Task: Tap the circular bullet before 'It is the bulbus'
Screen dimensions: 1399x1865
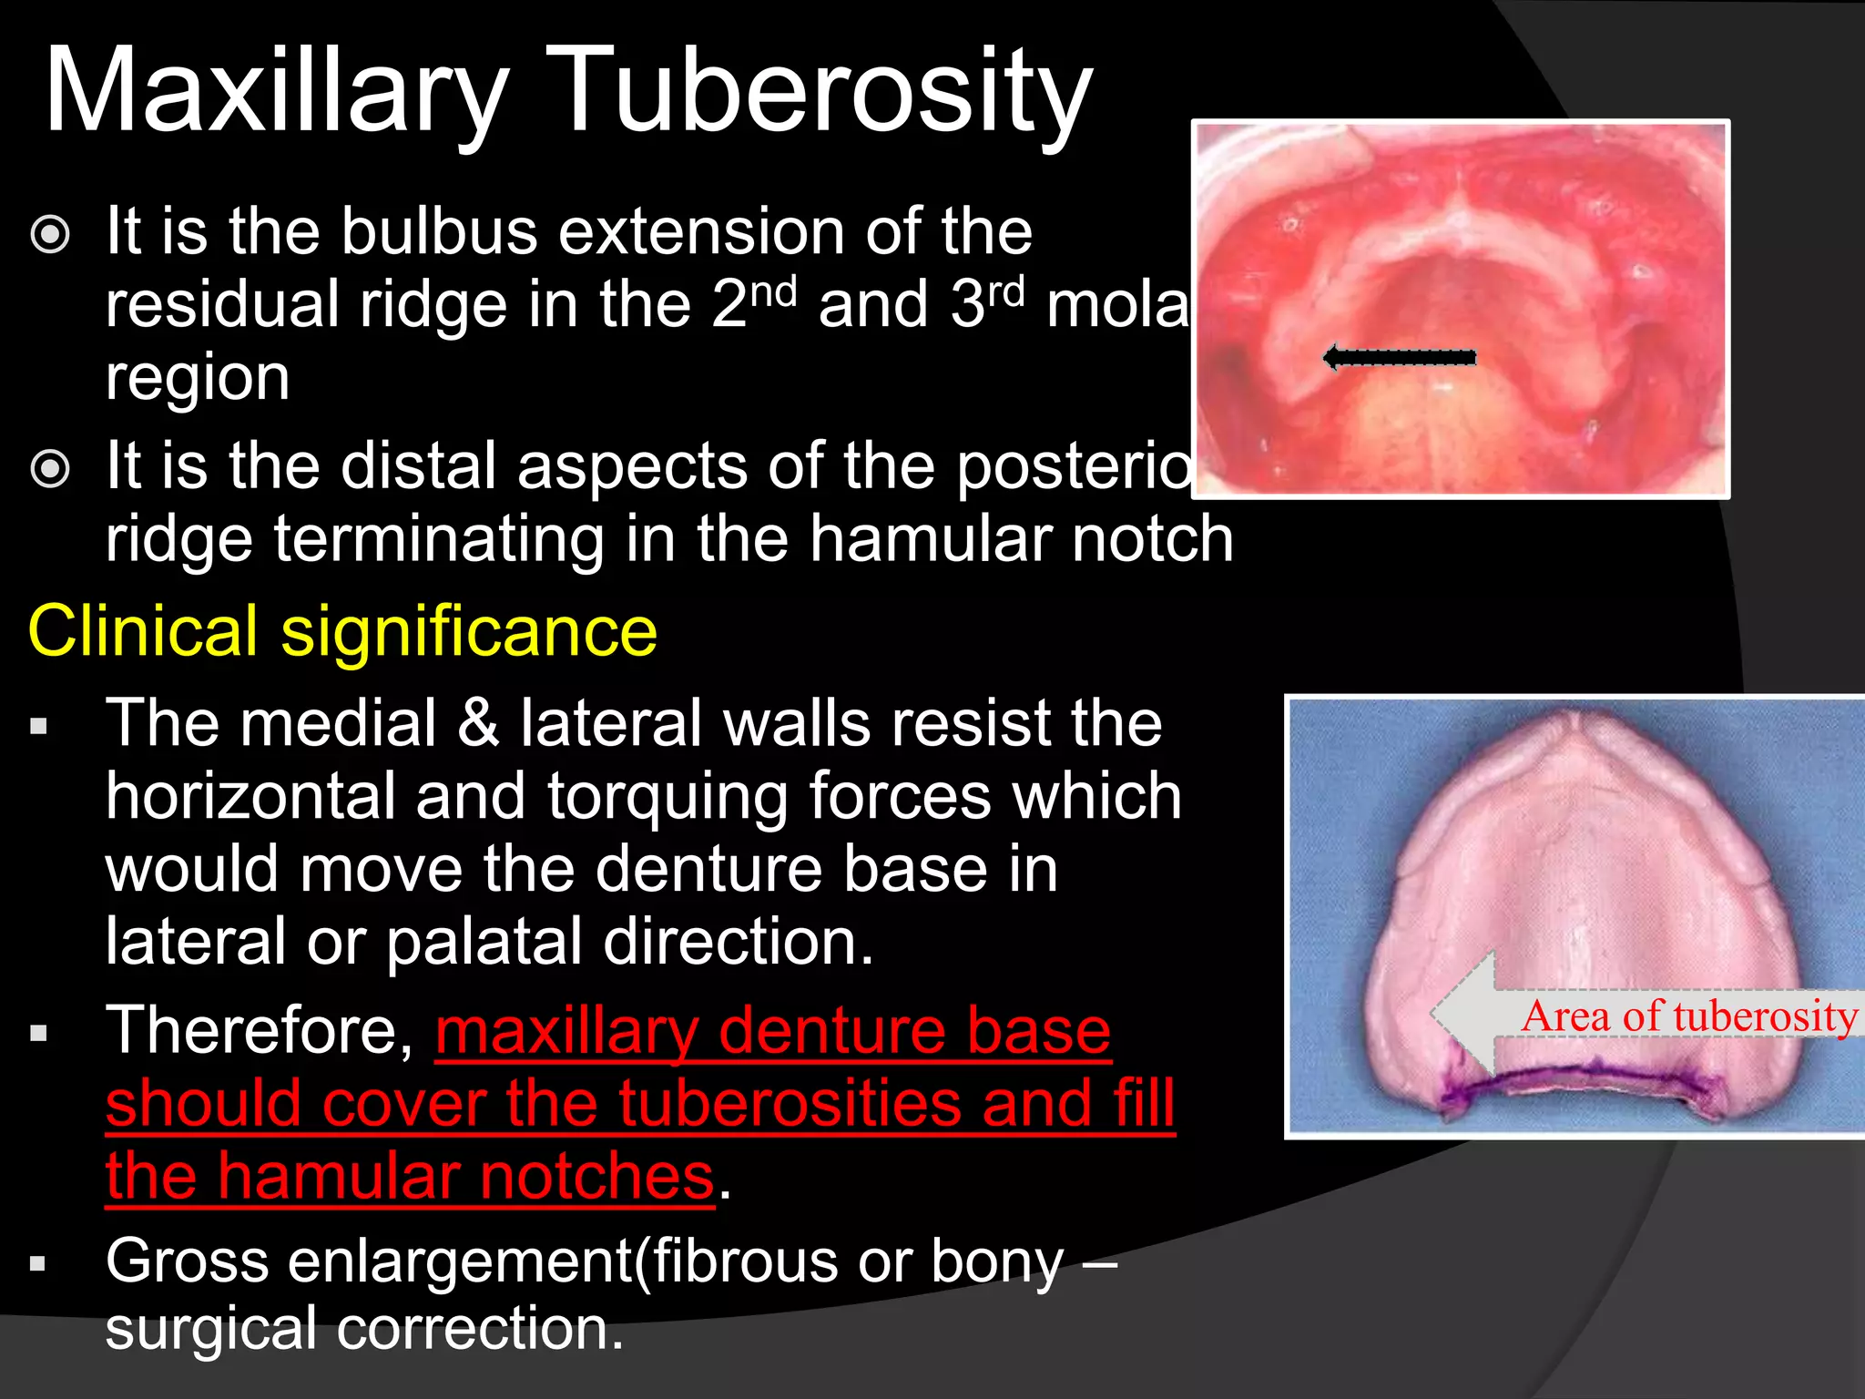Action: click(50, 234)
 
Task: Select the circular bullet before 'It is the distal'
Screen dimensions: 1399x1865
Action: click(50, 469)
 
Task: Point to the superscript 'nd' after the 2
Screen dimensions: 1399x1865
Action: click(774, 291)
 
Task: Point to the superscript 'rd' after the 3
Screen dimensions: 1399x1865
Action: click(1006, 291)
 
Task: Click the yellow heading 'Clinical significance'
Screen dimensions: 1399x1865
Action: click(342, 630)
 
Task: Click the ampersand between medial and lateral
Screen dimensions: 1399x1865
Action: click(478, 723)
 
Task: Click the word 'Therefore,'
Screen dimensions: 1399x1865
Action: click(260, 1031)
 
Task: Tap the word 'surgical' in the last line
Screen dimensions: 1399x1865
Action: click(210, 1329)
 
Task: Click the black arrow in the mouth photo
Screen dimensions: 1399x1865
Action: click(1399, 357)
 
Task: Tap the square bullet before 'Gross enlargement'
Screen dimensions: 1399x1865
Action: click(37, 1264)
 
